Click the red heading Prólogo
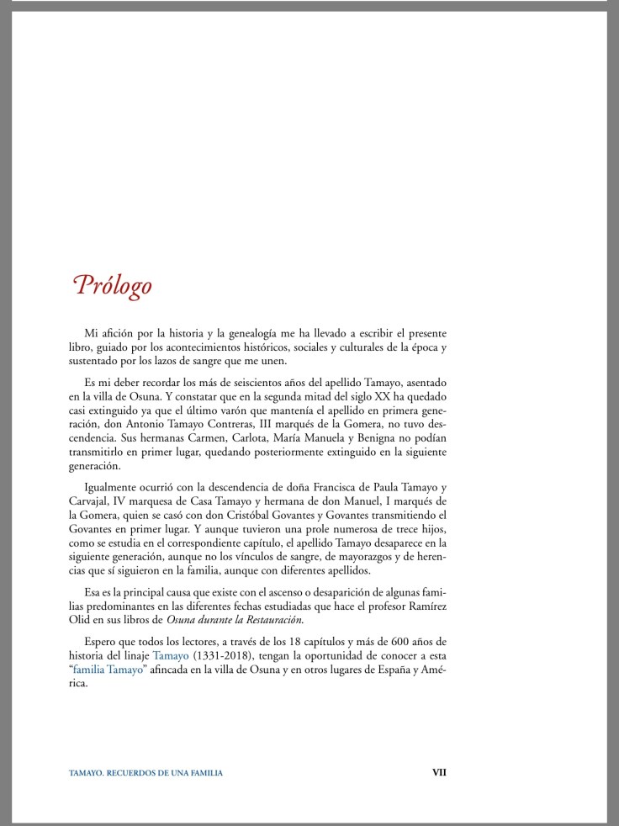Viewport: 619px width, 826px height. tap(113, 284)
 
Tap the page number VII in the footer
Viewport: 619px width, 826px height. tap(439, 772)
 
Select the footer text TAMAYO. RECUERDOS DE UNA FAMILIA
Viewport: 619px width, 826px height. tap(145, 773)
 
